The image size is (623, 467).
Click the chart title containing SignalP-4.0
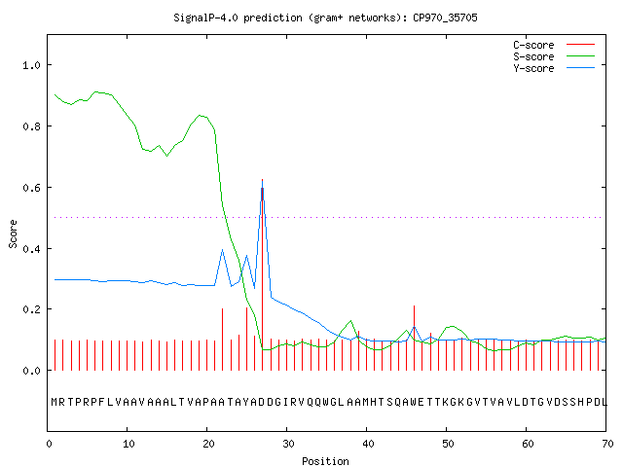click(x=325, y=18)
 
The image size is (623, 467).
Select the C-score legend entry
click(x=554, y=45)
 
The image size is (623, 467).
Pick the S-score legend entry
click(x=554, y=56)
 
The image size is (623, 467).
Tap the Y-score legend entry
click(x=554, y=68)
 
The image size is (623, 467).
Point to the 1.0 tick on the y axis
click(x=31, y=65)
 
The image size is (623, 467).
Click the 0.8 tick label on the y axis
click(x=31, y=126)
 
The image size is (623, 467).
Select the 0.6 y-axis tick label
click(x=31, y=188)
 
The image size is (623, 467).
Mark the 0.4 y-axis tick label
click(x=31, y=249)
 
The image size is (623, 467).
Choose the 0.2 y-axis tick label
click(x=31, y=309)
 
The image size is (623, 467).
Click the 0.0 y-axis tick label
click(x=31, y=371)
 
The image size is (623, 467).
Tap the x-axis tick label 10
click(x=128, y=444)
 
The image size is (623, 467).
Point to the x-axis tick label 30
click(x=288, y=444)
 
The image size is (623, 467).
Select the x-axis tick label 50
click(x=448, y=444)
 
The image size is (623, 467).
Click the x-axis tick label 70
click(x=607, y=444)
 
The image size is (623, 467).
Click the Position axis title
click(x=325, y=461)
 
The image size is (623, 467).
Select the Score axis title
click(x=13, y=233)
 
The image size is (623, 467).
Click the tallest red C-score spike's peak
click(x=262, y=179)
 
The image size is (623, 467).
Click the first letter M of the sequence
click(x=55, y=402)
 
